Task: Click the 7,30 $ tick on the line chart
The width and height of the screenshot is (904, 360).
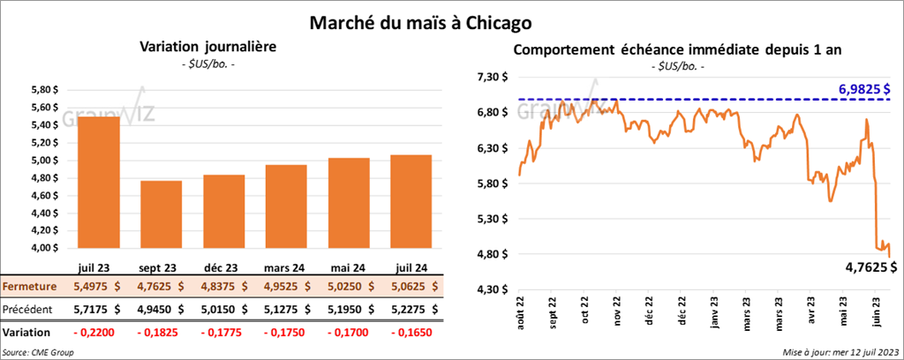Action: pyautogui.click(x=492, y=78)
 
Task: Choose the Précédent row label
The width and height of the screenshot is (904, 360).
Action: pyautogui.click(x=26, y=310)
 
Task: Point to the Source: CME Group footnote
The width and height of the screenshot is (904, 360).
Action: pyautogui.click(x=39, y=352)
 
